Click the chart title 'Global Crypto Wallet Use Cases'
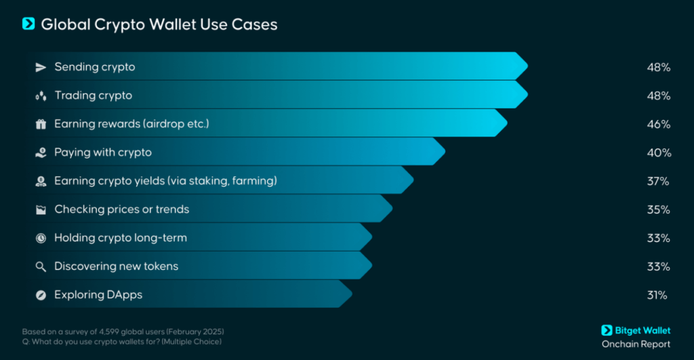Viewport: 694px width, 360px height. tap(159, 24)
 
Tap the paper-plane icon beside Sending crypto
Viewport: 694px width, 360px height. tap(41, 67)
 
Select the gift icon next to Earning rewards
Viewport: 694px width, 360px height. tap(41, 124)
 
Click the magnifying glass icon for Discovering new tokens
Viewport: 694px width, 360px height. tap(41, 266)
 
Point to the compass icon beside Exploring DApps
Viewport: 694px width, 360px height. tap(41, 295)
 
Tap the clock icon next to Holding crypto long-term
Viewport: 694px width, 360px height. tap(41, 238)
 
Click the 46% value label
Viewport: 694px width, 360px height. tap(658, 124)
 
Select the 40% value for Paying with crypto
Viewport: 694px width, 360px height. tap(658, 153)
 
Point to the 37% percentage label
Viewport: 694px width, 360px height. tap(658, 181)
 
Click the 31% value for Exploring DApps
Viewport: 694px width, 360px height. tap(657, 295)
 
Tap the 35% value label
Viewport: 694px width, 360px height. tap(658, 209)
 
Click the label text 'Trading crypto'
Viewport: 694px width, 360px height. tap(94, 96)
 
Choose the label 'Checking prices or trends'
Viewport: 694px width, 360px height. tap(122, 209)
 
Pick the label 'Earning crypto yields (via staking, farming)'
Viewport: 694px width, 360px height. tap(166, 181)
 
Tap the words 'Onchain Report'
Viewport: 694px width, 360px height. tap(636, 344)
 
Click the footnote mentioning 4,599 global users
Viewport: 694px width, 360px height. tap(123, 331)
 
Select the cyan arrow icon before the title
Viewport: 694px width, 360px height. tap(28, 24)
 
